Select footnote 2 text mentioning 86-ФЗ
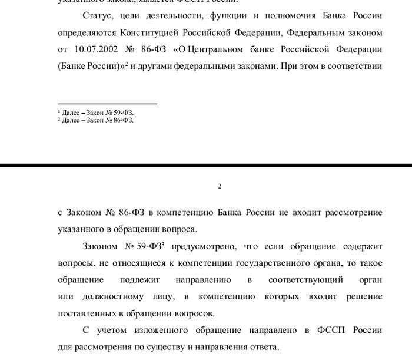coord(95,120)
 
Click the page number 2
coord(220,187)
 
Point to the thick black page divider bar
coord(206,166)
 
